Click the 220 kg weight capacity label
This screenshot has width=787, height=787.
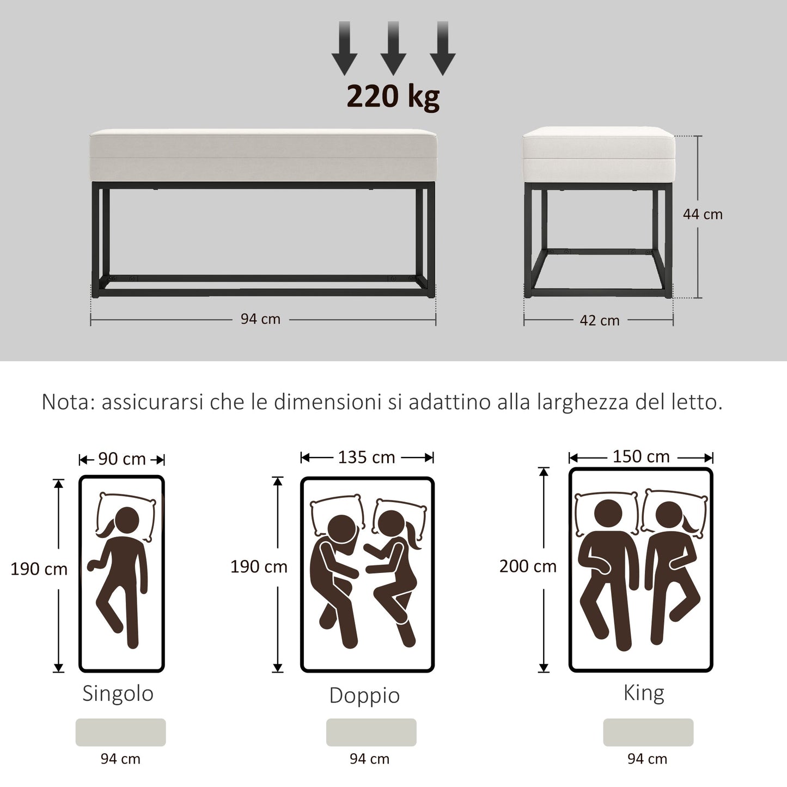pyautogui.click(x=393, y=96)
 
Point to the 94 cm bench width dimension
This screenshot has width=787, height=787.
pyautogui.click(x=260, y=319)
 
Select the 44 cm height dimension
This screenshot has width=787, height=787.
pyautogui.click(x=703, y=215)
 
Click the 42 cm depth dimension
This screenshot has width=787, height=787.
pyautogui.click(x=599, y=321)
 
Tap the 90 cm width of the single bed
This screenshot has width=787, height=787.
pyautogui.click(x=121, y=459)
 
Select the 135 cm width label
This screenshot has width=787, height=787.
pyautogui.click(x=367, y=457)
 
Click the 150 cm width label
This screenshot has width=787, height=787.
pyautogui.click(x=641, y=456)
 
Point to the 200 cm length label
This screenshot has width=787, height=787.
pyautogui.click(x=528, y=566)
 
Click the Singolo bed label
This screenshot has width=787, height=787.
pyautogui.click(x=118, y=693)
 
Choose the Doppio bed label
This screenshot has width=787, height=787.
pyautogui.click(x=364, y=696)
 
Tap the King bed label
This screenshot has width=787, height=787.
pyautogui.click(x=644, y=693)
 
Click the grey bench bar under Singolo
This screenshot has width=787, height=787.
pyautogui.click(x=120, y=732)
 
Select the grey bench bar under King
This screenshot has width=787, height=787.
pyautogui.click(x=648, y=732)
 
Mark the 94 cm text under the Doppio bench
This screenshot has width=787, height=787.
pyautogui.click(x=369, y=759)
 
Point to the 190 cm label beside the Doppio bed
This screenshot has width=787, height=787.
pyautogui.click(x=259, y=567)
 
